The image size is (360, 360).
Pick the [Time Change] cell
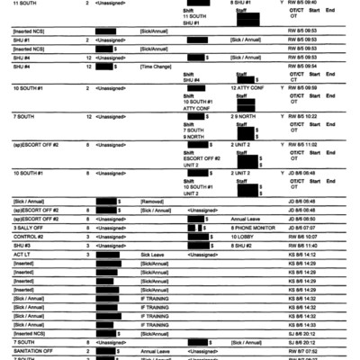157,66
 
